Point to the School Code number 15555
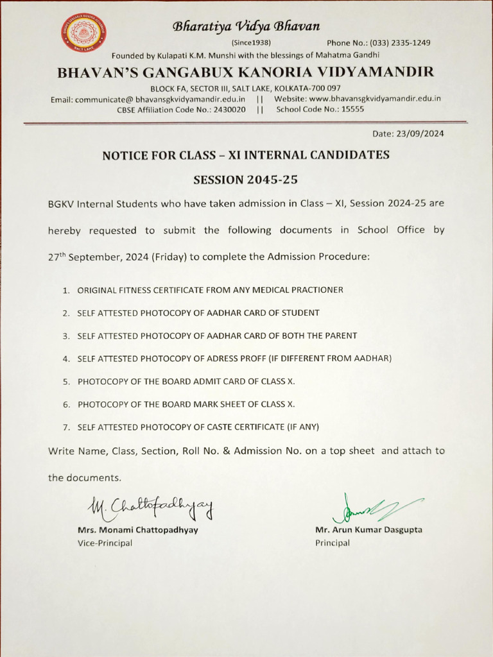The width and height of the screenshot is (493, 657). (352, 110)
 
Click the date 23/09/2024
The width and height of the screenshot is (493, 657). (421, 134)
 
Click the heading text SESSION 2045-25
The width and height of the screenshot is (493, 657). (246, 180)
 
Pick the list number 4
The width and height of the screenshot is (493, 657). (65, 359)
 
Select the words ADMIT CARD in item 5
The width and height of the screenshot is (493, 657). (202, 381)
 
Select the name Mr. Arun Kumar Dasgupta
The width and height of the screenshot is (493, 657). (368, 530)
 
